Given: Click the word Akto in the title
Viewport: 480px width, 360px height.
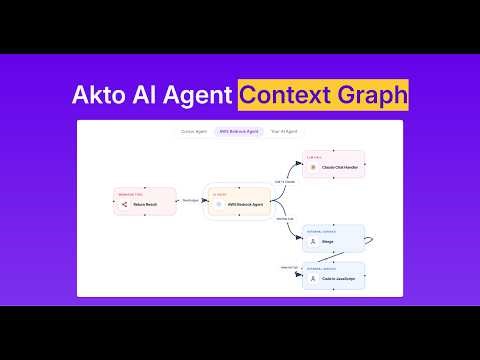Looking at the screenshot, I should [x=102, y=96].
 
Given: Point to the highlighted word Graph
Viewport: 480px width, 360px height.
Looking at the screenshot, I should [x=369, y=96].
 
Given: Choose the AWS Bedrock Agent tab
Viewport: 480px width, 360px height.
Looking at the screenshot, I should [x=240, y=131].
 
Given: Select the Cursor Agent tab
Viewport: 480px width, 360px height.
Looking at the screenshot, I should [x=194, y=131].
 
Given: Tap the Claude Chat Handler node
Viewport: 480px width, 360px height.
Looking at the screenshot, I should [x=333, y=165].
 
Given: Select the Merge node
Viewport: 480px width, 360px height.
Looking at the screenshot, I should [x=333, y=240].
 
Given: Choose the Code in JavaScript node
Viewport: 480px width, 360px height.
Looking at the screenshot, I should [x=333, y=277].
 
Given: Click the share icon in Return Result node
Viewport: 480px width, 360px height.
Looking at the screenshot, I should [x=125, y=203].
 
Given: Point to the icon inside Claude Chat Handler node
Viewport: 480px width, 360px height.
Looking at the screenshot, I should [x=313, y=167].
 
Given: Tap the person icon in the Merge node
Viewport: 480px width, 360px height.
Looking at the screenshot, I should [x=313, y=241].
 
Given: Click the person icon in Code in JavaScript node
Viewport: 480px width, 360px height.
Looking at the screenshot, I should [x=313, y=278].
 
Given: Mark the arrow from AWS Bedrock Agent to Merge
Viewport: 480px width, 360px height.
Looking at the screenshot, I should [x=285, y=225].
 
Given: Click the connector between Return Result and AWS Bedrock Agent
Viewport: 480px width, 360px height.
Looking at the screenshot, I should [x=190, y=202].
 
